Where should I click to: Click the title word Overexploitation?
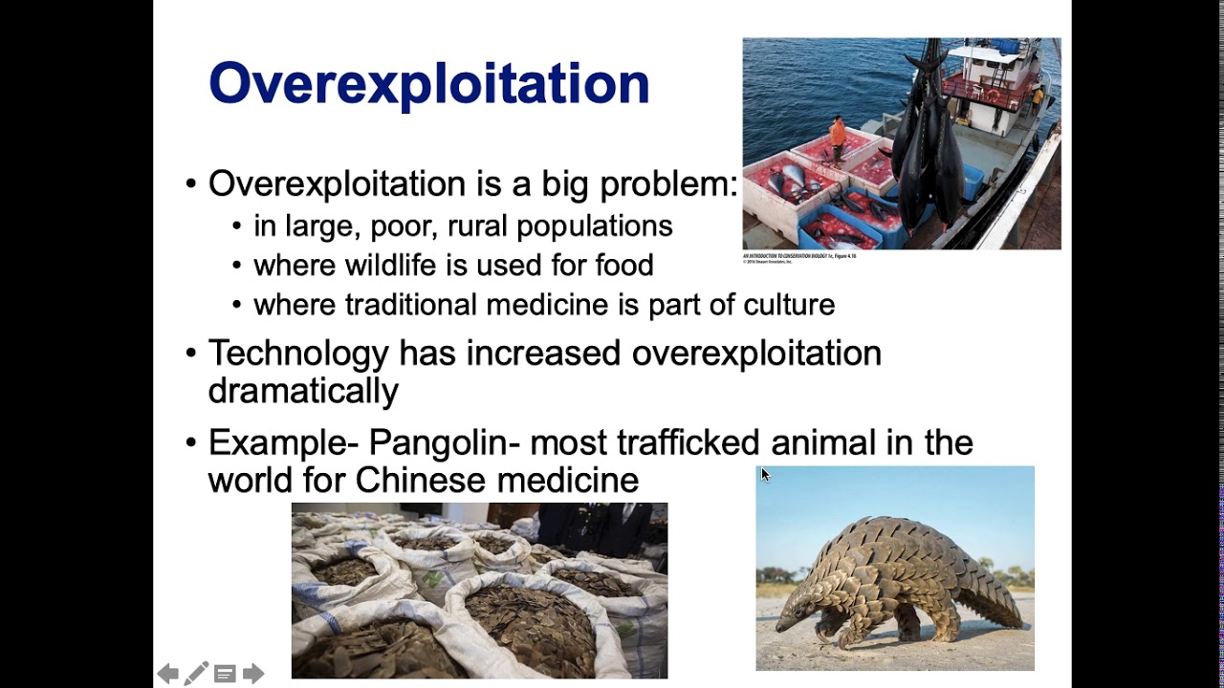click(428, 83)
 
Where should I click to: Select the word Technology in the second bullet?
click(296, 354)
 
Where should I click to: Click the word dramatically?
click(302, 391)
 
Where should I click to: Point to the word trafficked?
click(688, 442)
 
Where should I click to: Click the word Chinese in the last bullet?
click(421, 480)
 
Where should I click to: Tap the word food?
click(623, 266)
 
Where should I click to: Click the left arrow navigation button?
click(167, 675)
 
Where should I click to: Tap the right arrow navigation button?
click(253, 675)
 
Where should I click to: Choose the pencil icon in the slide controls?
click(196, 674)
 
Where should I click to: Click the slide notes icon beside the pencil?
click(225, 675)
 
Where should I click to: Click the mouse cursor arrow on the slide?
click(764, 474)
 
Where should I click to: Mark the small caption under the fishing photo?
click(798, 257)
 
